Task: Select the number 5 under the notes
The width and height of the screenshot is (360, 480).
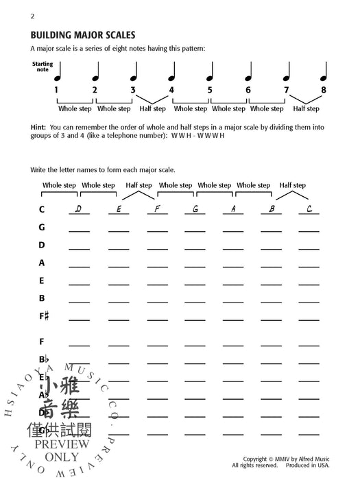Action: point(209,90)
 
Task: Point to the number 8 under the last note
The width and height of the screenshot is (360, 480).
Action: point(324,90)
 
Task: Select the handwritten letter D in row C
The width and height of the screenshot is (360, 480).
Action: point(79,209)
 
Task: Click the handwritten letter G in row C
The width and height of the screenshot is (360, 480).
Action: point(195,209)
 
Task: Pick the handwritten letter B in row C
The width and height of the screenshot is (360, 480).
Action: point(271,209)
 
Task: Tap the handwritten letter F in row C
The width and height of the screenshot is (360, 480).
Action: point(157,209)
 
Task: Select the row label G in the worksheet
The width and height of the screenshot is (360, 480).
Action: point(42,227)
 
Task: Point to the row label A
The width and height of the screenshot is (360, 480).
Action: point(42,263)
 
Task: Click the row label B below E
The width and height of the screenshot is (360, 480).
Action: point(42,298)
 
